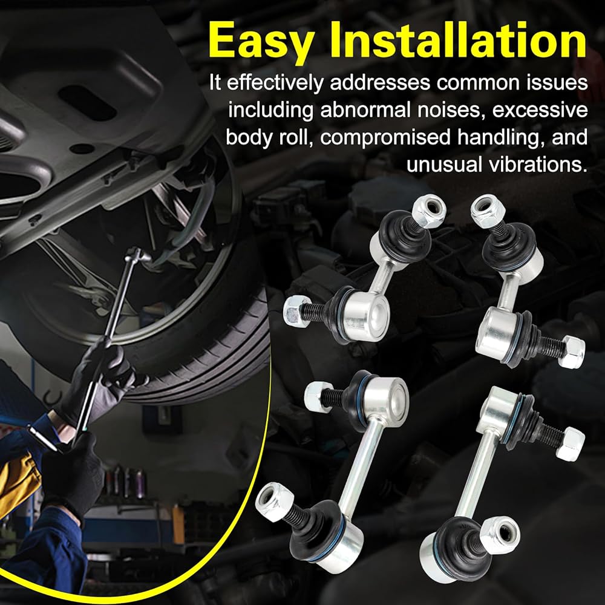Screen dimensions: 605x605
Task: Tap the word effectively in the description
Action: pos(275,83)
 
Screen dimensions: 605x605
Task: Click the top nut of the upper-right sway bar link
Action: pos(488,211)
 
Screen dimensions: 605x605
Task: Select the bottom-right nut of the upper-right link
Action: pos(572,352)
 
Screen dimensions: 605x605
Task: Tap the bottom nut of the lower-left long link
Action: pos(274,502)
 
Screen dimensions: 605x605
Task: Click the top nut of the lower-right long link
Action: pos(571,443)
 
